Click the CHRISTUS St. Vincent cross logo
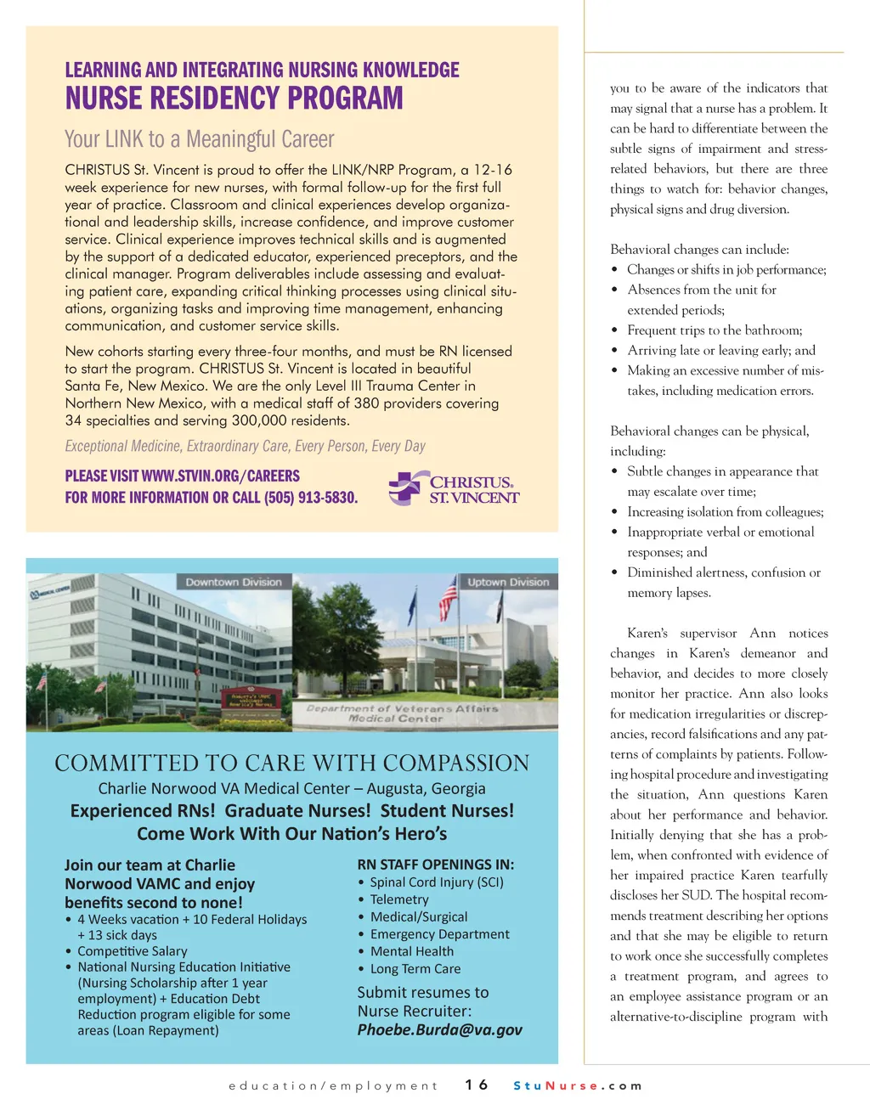(x=406, y=488)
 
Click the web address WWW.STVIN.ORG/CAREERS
(x=220, y=476)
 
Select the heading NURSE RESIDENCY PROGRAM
(x=234, y=99)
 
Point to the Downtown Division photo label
(x=234, y=582)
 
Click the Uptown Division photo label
(x=508, y=582)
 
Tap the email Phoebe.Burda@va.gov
(x=439, y=1029)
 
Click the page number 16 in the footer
(x=477, y=1085)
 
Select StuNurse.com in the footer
(x=578, y=1085)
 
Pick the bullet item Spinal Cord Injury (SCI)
(x=437, y=882)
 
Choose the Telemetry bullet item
(x=399, y=899)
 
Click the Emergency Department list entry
(x=439, y=934)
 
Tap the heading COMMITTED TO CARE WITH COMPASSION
(x=291, y=763)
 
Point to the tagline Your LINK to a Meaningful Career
(x=200, y=139)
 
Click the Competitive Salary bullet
(x=132, y=951)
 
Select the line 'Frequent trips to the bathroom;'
(x=715, y=330)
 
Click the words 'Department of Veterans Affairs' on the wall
(x=403, y=708)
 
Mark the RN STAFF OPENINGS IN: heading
(x=435, y=865)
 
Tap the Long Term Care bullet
(x=415, y=969)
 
